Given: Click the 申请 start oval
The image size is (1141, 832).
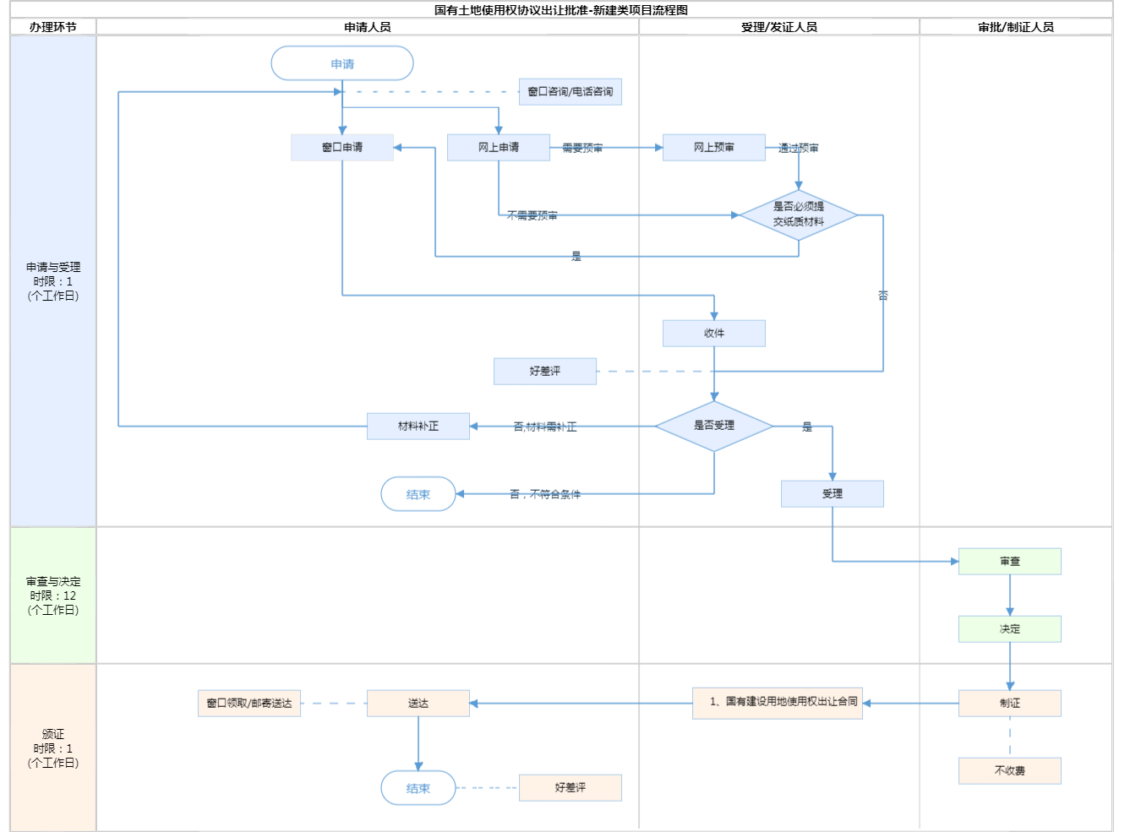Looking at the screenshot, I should pyautogui.click(x=342, y=63).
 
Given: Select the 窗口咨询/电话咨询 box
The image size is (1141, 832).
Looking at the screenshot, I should pyautogui.click(x=570, y=91).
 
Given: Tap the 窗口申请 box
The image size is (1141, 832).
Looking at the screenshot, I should pyautogui.click(x=342, y=147).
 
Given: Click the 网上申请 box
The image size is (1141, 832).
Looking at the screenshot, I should pyautogui.click(x=499, y=147).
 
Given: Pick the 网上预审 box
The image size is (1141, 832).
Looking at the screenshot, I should pyautogui.click(x=714, y=147).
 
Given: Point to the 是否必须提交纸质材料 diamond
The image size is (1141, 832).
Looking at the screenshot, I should pyautogui.click(x=799, y=215).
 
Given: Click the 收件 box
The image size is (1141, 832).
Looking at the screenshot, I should pyautogui.click(x=714, y=333).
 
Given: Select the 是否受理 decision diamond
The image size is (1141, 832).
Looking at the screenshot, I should pyautogui.click(x=714, y=426).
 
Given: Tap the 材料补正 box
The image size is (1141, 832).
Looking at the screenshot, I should pyautogui.click(x=418, y=426).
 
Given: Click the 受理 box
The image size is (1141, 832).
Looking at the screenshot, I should pyautogui.click(x=833, y=493).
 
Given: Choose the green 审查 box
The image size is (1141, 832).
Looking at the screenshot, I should pyautogui.click(x=1010, y=561).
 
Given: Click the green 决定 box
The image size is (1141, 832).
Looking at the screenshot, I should pyautogui.click(x=1010, y=628).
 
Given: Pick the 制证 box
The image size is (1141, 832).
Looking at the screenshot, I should pyautogui.click(x=1010, y=703).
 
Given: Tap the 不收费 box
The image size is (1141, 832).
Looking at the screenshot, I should pyautogui.click(x=1010, y=770).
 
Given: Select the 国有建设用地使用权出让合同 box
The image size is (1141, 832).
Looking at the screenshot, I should pyautogui.click(x=778, y=702).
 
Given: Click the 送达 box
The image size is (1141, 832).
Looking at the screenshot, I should pyautogui.click(x=418, y=703).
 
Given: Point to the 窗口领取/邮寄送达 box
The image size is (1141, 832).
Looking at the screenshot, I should pyautogui.click(x=249, y=703).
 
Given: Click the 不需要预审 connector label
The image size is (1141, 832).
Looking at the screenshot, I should pyautogui.click(x=532, y=215).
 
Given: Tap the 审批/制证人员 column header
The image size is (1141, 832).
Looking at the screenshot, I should pyautogui.click(x=1016, y=27).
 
